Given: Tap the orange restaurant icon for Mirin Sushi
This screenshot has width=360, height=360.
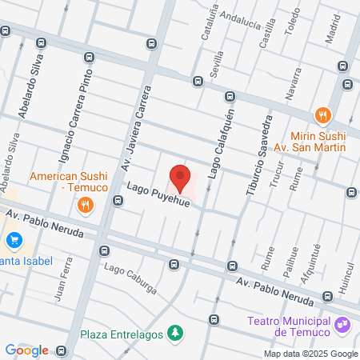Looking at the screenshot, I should (323, 114).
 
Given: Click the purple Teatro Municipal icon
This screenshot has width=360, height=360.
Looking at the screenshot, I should (342, 324).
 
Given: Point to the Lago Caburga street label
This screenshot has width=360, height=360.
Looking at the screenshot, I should (130, 278).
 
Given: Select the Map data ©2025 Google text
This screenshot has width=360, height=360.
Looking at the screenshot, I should (311, 354).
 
